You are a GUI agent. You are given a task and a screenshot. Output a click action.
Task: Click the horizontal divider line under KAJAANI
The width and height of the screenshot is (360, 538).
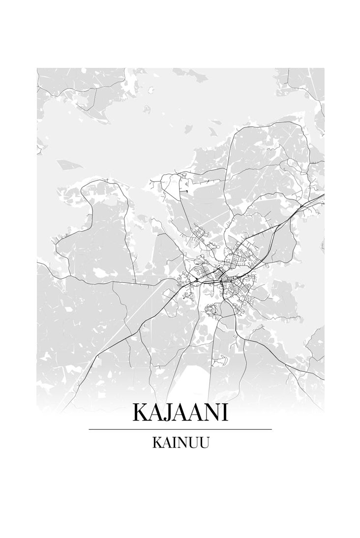pos(180,429)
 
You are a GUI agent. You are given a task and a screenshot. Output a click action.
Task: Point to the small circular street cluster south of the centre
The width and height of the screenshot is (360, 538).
pos(211,310)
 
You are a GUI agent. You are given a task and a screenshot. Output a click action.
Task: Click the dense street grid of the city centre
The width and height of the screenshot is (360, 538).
pos(221,275)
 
